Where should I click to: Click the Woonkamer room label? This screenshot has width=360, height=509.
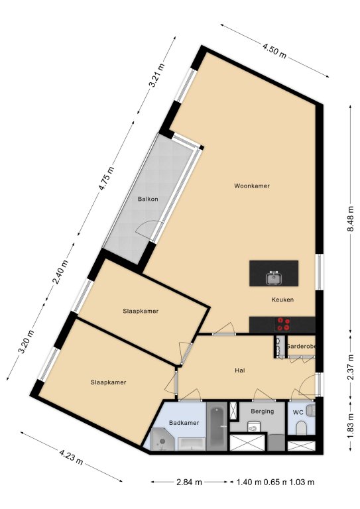click(251, 186)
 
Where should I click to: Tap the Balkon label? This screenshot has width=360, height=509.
click(148, 199)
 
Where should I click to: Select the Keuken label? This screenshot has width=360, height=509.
click(282, 300)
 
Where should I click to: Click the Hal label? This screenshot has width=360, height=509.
click(239, 370)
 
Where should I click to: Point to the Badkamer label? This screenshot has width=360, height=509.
click(184, 423)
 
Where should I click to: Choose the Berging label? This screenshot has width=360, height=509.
click(263, 412)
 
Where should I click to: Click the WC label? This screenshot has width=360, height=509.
click(298, 413)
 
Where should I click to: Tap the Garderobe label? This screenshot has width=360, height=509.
click(300, 347)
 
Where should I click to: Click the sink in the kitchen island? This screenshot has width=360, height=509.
click(274, 278)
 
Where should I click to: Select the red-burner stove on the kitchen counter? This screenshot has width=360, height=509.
click(282, 324)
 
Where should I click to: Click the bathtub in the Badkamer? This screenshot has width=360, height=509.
click(217, 426)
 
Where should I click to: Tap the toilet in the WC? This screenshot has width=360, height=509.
click(302, 428)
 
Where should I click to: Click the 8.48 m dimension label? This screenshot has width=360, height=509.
click(351, 219)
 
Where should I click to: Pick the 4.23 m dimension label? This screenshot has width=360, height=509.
click(71, 457)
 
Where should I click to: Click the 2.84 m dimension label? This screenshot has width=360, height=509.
click(189, 482)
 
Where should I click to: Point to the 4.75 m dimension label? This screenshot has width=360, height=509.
click(107, 178)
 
